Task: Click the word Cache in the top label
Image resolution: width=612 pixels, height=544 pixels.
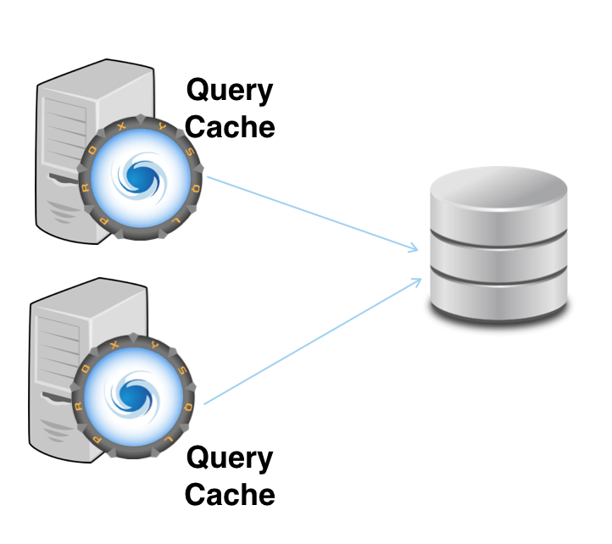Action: [230, 127]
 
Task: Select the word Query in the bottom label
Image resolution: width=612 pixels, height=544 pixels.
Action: [230, 459]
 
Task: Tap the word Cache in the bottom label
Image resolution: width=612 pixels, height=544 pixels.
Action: [230, 495]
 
